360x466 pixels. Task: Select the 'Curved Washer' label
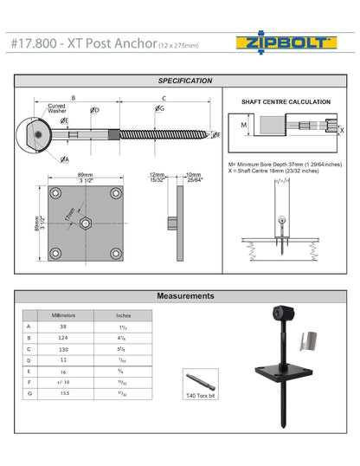[57, 108]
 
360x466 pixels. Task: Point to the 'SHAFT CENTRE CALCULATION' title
[285, 102]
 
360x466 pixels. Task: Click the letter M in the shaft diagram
[244, 126]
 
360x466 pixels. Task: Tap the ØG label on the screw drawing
[160, 110]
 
